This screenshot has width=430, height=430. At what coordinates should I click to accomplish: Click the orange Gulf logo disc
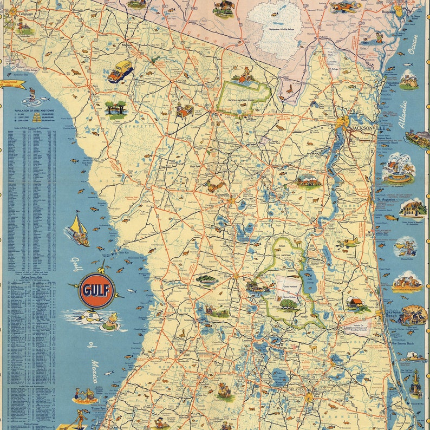click(97, 290)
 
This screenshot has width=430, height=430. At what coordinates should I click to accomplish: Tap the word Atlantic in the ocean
click(403, 114)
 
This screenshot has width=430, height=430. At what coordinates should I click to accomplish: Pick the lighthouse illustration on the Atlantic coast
click(415, 382)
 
